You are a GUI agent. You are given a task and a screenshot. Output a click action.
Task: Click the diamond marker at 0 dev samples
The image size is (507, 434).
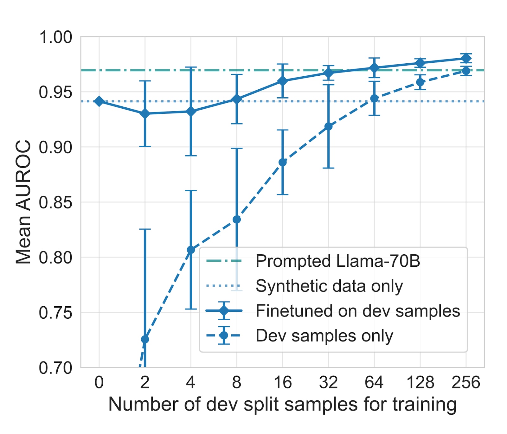pos(99,101)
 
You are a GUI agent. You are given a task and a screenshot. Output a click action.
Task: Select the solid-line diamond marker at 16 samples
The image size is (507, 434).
pos(282,81)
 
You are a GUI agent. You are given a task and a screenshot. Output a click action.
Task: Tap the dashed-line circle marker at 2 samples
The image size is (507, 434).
pos(145,339)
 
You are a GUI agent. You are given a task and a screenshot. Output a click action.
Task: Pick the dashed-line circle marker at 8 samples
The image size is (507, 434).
pos(237,220)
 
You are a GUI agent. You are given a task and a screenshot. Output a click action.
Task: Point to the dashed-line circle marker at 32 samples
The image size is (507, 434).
pos(328,127)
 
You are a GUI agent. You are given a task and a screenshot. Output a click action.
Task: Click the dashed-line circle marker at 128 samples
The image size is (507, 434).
pos(420,82)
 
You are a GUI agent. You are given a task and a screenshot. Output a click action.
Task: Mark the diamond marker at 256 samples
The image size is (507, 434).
pos(466,58)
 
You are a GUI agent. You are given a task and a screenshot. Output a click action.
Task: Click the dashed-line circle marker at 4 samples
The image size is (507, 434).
pos(191,250)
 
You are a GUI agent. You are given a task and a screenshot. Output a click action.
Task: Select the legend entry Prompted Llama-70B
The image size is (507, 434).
pos(337,261)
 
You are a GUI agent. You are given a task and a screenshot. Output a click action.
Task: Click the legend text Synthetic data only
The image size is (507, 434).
pos(329,286)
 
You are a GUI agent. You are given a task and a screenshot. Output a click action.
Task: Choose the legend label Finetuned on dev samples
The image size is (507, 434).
pos(357,311)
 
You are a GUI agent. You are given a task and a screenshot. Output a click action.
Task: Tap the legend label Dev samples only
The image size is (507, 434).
pos(324,335)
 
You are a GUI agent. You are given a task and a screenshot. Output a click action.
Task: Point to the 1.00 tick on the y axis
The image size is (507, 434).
pos(55,37)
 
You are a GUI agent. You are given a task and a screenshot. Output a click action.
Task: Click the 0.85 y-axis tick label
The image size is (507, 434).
pos(55,202)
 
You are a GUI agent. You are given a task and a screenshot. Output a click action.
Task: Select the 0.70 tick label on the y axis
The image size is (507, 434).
pos(55,368)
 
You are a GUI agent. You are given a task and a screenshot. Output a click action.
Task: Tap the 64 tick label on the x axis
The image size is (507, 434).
pos(374,382)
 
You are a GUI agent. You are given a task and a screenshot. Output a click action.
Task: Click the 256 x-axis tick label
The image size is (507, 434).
pos(466,382)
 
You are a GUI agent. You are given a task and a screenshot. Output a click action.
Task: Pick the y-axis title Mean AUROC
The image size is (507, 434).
pos(23,202)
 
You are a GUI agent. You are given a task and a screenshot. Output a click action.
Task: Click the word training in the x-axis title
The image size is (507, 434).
pos(424,405)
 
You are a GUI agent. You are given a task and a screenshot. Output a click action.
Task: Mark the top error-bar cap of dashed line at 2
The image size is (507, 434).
pos(145,229)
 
